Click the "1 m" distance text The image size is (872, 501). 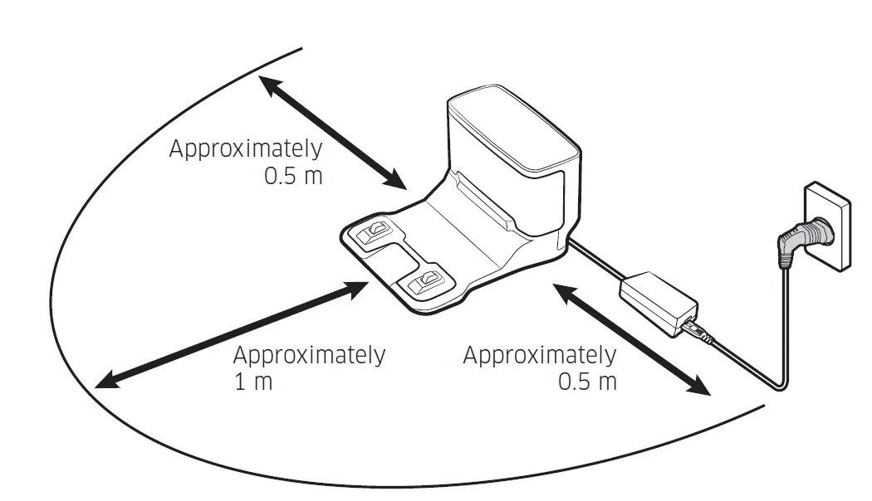252,382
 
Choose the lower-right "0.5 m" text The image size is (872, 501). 587,382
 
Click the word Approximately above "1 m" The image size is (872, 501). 309,356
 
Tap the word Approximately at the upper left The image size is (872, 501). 246,150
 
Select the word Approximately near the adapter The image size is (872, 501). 539,356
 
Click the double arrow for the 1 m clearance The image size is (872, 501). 233,334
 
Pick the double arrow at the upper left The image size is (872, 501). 332,132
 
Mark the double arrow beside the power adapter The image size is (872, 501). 633,339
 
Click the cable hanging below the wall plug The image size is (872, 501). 784,332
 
